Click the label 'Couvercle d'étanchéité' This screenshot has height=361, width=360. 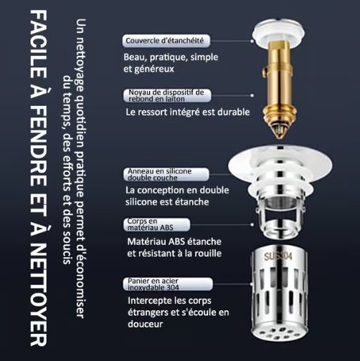click(164, 41)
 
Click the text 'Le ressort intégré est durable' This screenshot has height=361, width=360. click(187, 112)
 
